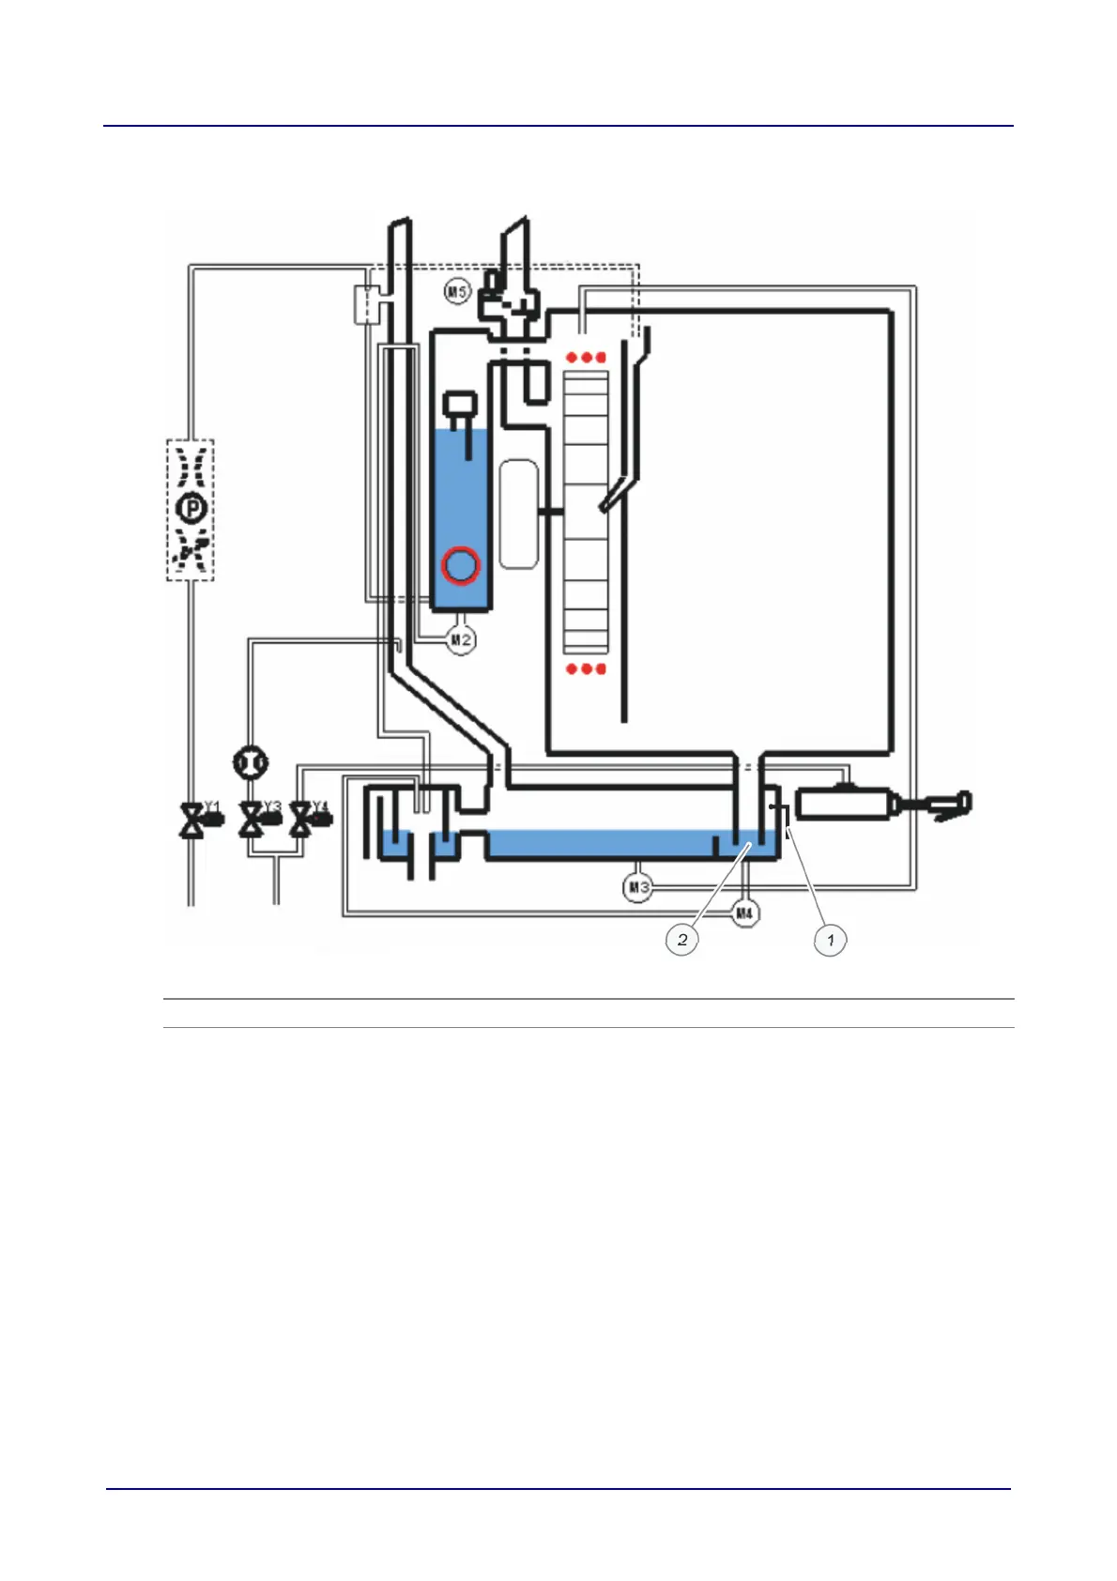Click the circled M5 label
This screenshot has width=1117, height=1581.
click(456, 292)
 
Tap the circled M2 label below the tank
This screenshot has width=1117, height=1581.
click(460, 640)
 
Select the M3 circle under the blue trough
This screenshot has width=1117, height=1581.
click(638, 886)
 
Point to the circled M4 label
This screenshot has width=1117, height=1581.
click(744, 913)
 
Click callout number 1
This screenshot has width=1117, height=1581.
click(830, 939)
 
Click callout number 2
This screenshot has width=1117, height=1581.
click(682, 939)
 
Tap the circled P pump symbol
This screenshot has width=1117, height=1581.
click(191, 509)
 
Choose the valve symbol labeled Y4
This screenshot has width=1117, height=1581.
click(301, 821)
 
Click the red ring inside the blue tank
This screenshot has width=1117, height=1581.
click(461, 565)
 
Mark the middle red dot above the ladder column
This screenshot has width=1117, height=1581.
click(586, 358)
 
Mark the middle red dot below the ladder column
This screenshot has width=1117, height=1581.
click(587, 668)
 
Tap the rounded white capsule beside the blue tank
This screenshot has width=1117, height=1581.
click(518, 514)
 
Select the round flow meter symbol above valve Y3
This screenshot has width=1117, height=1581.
click(250, 762)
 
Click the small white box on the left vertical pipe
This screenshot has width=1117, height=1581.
click(367, 304)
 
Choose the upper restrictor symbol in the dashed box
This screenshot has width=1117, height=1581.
click(191, 466)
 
